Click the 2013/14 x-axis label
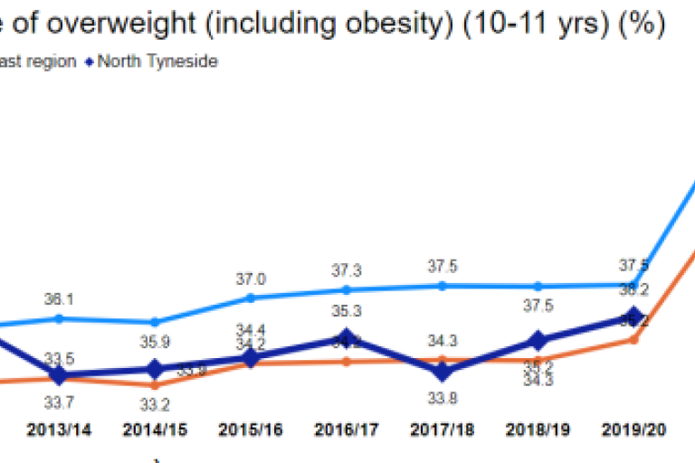click(x=59, y=430)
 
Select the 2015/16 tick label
click(x=251, y=430)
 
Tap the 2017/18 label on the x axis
click(x=443, y=430)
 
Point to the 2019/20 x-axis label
click(x=634, y=430)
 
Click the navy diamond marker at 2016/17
click(x=347, y=340)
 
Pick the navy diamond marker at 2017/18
click(x=443, y=371)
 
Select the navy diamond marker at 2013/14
click(x=59, y=375)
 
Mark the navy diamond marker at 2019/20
click(x=634, y=317)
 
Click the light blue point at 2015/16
click(x=251, y=297)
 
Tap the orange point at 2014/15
click(x=155, y=385)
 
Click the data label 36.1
click(x=59, y=298)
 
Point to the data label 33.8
click(x=443, y=394)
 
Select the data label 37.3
click(x=347, y=270)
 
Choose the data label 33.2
click(x=155, y=405)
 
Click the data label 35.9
click(x=155, y=343)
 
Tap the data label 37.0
click(x=251, y=279)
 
